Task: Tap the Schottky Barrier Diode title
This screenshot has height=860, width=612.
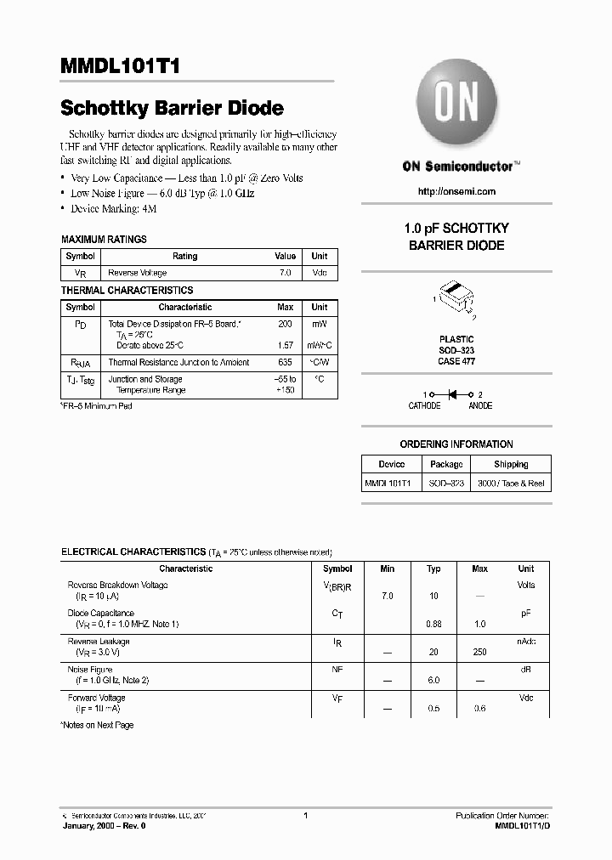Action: pyautogui.click(x=172, y=109)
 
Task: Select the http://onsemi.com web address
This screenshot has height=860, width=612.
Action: pyautogui.click(x=456, y=192)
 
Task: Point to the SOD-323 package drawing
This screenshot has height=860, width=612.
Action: pyautogui.click(x=456, y=297)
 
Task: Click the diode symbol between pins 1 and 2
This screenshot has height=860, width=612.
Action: pyautogui.click(x=453, y=394)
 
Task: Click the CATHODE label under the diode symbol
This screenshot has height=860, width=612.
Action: pyautogui.click(x=424, y=406)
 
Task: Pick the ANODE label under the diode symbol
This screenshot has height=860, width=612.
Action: pyautogui.click(x=480, y=406)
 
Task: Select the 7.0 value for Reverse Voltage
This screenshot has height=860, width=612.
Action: pyautogui.click(x=285, y=273)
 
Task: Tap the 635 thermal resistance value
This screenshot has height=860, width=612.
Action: pyautogui.click(x=285, y=362)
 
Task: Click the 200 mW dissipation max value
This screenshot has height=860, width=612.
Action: pyautogui.click(x=285, y=324)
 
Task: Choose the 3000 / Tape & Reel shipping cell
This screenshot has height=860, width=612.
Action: pyautogui.click(x=511, y=484)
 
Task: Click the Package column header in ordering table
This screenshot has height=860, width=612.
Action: pyautogui.click(x=446, y=465)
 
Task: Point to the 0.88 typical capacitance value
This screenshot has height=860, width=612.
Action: pyautogui.click(x=433, y=625)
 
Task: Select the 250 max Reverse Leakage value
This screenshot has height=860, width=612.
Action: pyautogui.click(x=479, y=652)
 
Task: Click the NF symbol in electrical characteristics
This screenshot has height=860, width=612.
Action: pyautogui.click(x=337, y=670)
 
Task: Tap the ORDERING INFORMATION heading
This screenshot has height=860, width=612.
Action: pyautogui.click(x=456, y=444)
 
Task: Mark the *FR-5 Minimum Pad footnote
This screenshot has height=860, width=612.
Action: pyautogui.click(x=97, y=406)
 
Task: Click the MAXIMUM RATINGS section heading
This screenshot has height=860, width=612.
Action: pyautogui.click(x=104, y=240)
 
